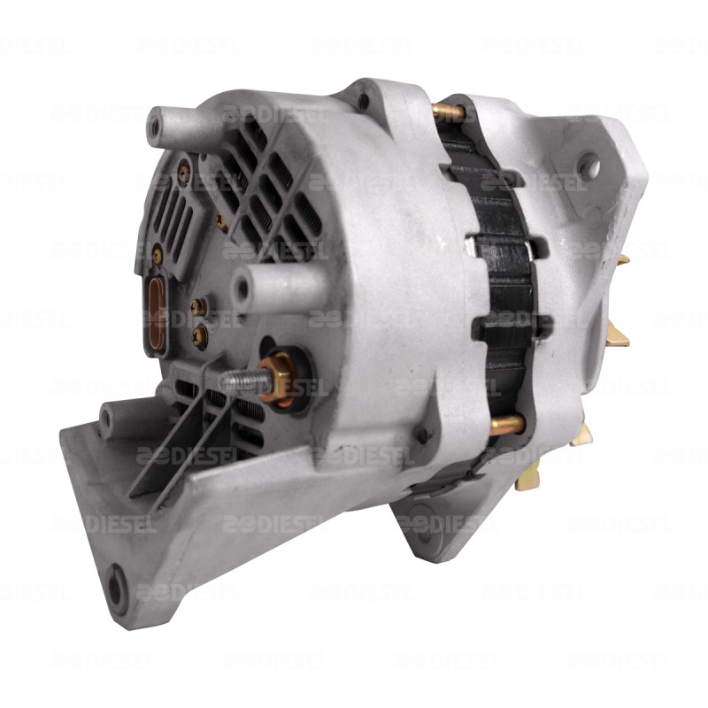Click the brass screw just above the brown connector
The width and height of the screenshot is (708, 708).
(157, 255)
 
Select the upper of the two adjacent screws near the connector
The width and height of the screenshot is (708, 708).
(199, 305)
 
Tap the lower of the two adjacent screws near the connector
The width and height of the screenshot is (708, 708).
(200, 335)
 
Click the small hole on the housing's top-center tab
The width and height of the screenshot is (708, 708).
(364, 100)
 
